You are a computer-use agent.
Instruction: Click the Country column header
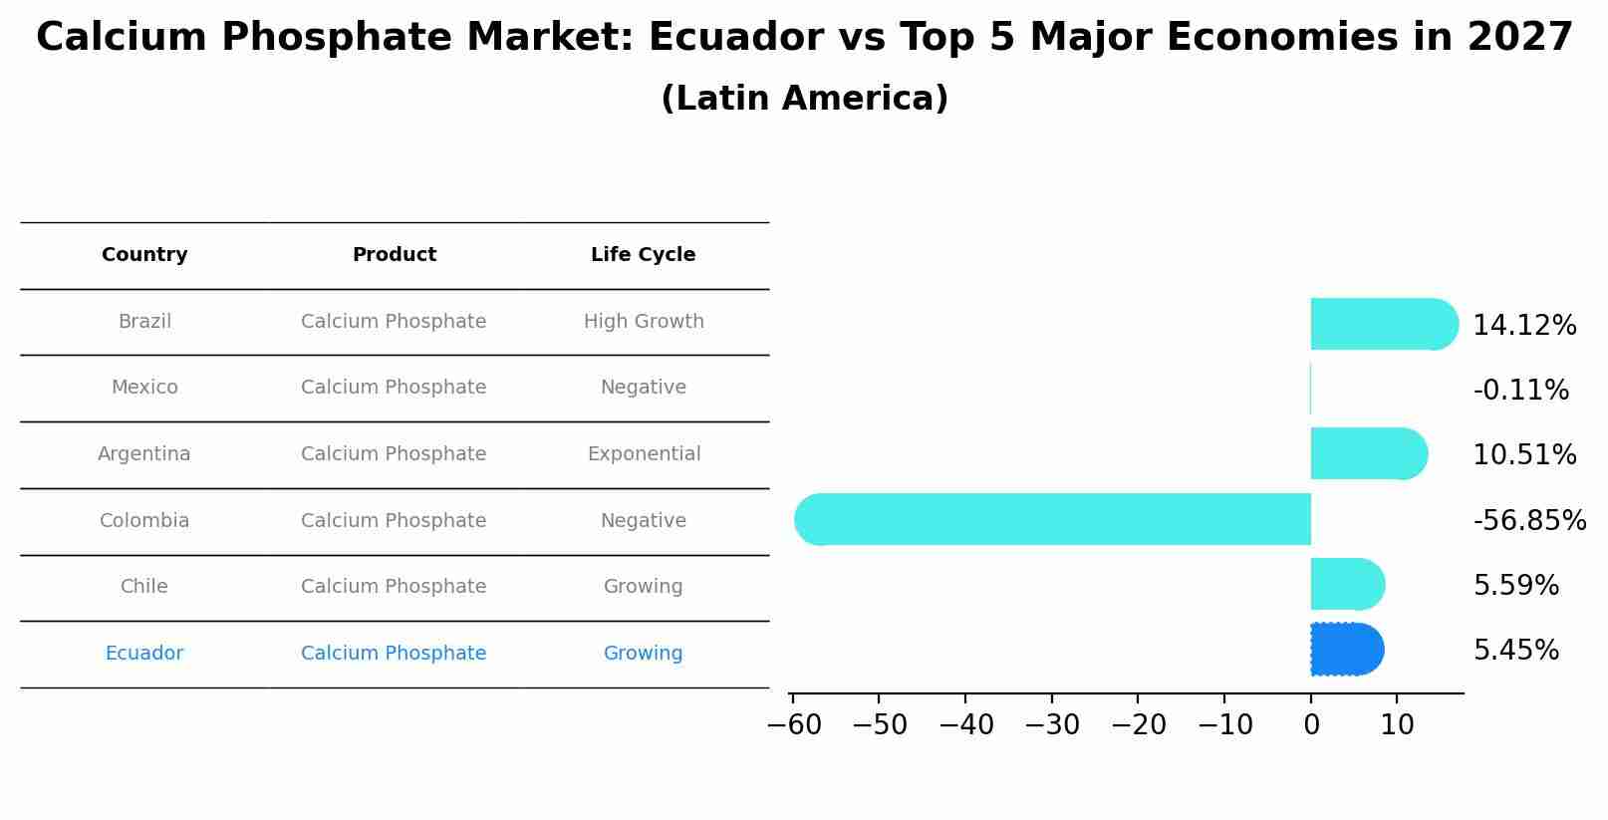[x=144, y=255]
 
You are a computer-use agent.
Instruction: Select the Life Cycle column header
[x=643, y=255]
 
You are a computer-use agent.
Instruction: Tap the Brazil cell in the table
[x=144, y=322]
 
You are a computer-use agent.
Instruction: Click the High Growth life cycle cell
[x=644, y=322]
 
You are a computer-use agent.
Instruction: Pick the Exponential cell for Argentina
[x=644, y=454]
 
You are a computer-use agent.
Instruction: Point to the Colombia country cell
[x=144, y=521]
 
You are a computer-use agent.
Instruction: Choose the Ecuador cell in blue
[x=144, y=654]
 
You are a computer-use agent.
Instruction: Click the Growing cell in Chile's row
[x=643, y=587]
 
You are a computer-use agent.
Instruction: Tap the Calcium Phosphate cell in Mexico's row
[x=394, y=388]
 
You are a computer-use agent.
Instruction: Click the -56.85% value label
[x=1529, y=520]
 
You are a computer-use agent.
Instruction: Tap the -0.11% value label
[x=1520, y=390]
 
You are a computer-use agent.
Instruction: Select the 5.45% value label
[x=1515, y=651]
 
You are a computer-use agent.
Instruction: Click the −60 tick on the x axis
[x=794, y=725]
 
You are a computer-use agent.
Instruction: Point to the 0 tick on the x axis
[x=1311, y=725]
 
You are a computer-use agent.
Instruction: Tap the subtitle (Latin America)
[x=804, y=99]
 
